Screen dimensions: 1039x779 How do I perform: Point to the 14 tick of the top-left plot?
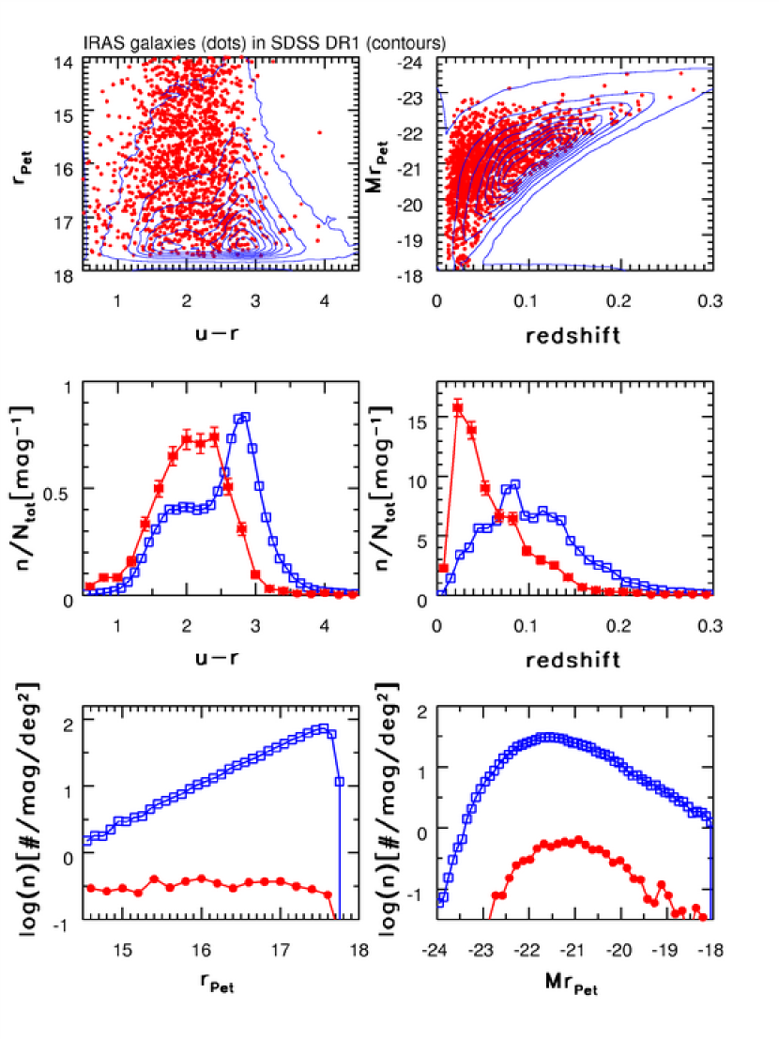coord(67,60)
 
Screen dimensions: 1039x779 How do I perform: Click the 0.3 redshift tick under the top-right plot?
coord(709,302)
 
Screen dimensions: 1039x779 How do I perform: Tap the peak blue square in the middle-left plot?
coord(245,417)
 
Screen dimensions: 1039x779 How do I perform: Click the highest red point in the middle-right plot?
coord(458,407)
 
